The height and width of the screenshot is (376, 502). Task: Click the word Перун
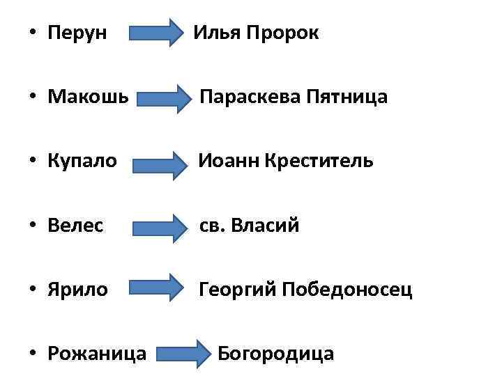coord(77,33)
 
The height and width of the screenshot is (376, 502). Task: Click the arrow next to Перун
coord(154,33)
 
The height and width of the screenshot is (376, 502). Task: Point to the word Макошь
coord(88,97)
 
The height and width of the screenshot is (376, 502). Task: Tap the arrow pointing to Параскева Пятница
coord(165,98)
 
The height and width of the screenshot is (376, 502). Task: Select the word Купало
coord(82,162)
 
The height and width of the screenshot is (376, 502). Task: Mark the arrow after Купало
coord(156,163)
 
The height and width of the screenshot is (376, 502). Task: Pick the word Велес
coord(75,226)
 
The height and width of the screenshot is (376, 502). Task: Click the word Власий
coord(269,226)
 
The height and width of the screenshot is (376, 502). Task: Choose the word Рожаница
coord(97,354)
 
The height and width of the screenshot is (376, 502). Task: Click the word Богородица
coord(276,354)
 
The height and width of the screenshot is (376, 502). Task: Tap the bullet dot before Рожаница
coord(33,354)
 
